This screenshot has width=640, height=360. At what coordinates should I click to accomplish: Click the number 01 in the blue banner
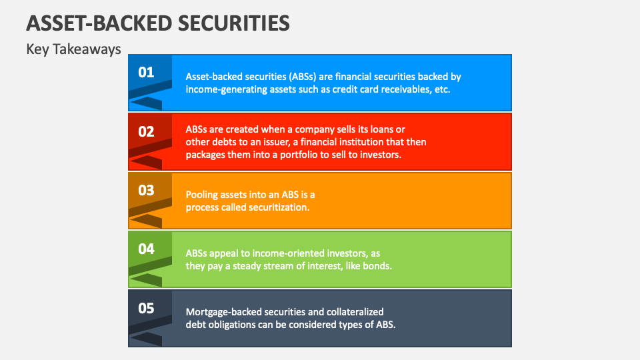146,73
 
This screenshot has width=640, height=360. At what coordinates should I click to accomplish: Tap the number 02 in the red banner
146,131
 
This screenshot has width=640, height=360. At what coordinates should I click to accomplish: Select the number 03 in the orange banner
146,190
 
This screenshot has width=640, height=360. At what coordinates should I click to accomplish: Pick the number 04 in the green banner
146,249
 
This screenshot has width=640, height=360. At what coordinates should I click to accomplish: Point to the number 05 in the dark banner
146,308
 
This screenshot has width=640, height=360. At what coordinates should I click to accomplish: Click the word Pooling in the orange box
203,195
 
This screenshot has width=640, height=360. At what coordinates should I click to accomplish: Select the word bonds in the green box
377,265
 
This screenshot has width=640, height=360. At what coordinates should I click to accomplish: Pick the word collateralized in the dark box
353,311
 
